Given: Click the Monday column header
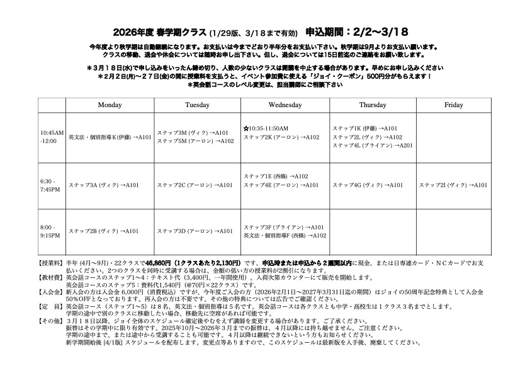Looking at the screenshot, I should [x=110, y=105].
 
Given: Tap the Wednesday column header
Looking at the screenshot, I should [x=285, y=105].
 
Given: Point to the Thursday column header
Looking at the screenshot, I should [x=373, y=105].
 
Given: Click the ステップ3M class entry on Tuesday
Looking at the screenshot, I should [x=193, y=133].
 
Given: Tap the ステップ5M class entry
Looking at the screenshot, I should [x=195, y=141].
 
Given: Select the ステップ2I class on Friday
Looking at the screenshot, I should [x=453, y=185].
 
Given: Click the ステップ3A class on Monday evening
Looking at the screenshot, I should [x=104, y=185].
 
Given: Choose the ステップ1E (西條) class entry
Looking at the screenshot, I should [x=276, y=176].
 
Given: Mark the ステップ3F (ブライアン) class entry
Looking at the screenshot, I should [x=283, y=227].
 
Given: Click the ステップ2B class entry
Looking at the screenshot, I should [x=104, y=231].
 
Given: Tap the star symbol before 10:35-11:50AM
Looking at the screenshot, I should [x=246, y=129].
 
